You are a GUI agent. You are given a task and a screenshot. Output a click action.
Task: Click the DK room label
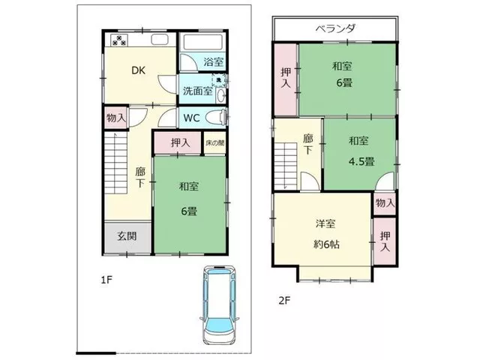tap(138, 70)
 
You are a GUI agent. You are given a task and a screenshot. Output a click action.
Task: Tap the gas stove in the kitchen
tap(118, 40)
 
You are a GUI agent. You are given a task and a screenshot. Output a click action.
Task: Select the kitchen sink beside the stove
tap(160, 40)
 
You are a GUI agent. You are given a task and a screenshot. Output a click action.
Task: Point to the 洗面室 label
tap(197, 91)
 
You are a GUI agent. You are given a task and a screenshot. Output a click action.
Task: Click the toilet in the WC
tap(216, 117)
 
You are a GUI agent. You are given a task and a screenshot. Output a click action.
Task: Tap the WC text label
tap(191, 118)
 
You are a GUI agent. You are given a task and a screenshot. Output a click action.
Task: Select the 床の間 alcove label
tap(215, 142)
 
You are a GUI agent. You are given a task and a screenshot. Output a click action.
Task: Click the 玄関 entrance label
tap(127, 236)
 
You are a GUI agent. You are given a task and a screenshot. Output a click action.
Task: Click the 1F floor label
tap(106, 280)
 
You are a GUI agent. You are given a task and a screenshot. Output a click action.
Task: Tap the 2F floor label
tap(284, 301)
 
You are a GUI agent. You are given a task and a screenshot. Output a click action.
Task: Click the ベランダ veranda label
tap(335, 28)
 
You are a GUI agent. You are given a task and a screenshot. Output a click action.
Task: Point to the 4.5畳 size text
tap(361, 161)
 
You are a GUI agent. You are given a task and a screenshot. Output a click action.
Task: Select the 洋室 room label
tap(325, 223)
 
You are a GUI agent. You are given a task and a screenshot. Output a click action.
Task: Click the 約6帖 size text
tap(327, 244)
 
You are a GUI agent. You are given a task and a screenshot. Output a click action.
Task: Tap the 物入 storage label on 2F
tap(385, 202)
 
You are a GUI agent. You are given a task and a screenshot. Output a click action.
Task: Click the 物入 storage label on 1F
tap(116, 117)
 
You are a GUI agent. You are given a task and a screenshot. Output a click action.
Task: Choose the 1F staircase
tap(115, 163)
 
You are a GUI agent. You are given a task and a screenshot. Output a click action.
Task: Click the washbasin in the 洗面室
tap(220, 96)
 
